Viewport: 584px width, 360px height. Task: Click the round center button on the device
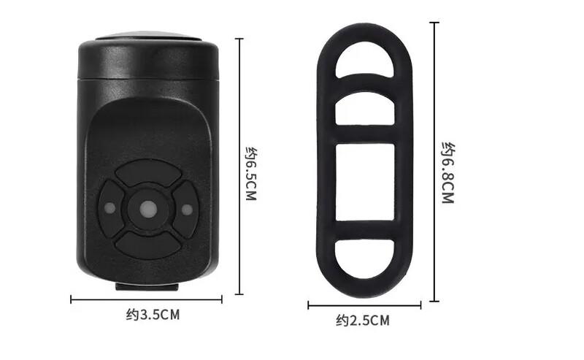pos(146,209)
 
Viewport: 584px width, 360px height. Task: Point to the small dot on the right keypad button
pos(187,210)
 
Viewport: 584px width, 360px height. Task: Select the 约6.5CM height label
pos(250,175)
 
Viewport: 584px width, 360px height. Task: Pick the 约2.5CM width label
pos(363,320)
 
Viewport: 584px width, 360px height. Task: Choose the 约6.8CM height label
pos(447,172)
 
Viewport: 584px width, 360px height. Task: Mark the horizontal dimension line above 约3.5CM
pos(146,299)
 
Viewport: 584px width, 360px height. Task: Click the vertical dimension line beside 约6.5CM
pos(239,166)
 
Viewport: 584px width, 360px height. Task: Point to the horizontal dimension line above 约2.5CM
pos(364,305)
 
